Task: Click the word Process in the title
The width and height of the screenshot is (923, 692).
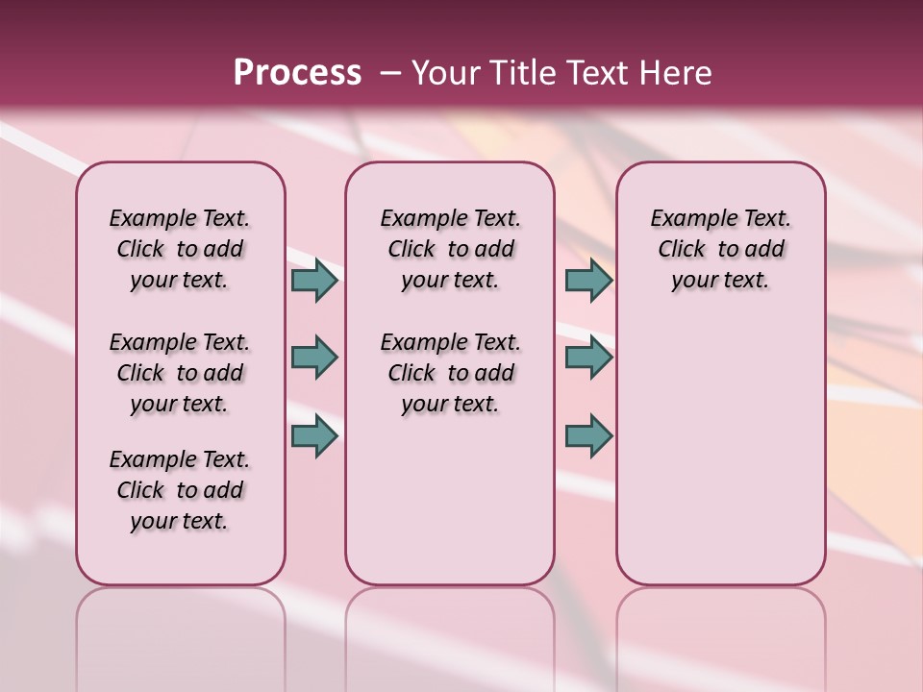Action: coord(297,73)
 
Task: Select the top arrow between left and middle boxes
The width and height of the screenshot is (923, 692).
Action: coord(314,280)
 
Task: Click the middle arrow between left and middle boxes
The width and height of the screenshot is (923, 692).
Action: coord(314,358)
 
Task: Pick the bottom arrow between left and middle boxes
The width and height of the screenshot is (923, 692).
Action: coord(314,435)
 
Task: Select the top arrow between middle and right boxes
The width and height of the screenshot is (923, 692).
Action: coord(588,280)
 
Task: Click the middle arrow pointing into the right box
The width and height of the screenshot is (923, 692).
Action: coord(588,358)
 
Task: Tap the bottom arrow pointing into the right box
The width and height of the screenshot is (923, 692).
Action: coord(588,435)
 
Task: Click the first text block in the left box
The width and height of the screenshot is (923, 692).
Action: coord(180,249)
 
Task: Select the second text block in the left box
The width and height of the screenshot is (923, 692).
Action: coord(180,373)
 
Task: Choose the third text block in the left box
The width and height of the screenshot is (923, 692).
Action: coord(180,490)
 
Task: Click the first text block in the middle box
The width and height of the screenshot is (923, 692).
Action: coord(450,249)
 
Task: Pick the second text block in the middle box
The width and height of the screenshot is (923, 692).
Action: coord(450,373)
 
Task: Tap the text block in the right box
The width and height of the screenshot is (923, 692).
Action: coord(720,249)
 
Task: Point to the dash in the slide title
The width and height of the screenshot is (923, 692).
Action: coord(390,73)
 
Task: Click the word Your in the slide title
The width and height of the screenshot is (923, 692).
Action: coord(445,73)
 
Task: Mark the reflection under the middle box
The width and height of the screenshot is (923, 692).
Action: coord(450,634)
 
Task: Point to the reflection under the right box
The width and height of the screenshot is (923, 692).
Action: coord(720,634)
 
